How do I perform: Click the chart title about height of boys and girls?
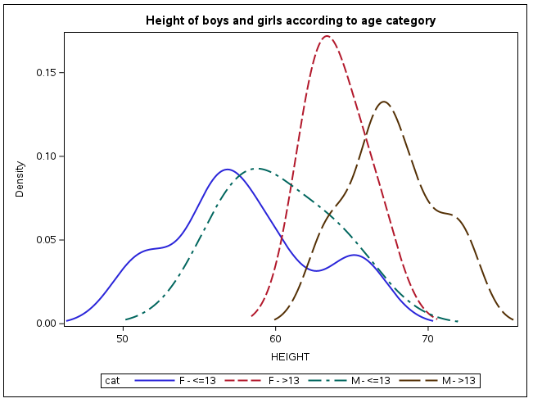coord(291,20)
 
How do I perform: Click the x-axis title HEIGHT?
coord(291,355)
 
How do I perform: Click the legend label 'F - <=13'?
coord(197,381)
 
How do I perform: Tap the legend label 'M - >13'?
coord(459,381)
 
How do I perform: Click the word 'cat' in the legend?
coord(112,381)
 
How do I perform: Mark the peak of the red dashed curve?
coord(327,36)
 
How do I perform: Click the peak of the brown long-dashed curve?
coord(383,102)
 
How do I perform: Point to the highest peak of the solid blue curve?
coord(227,170)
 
